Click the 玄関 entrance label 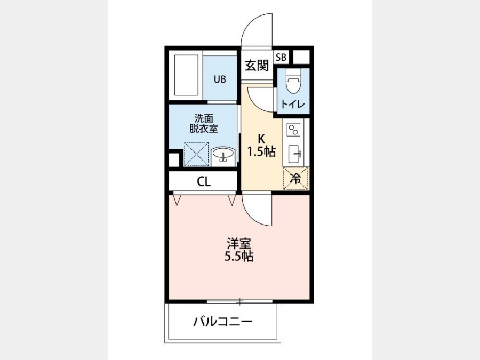coord(257,65)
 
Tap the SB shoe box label coord(281,57)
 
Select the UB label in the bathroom coord(220,79)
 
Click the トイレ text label coord(293,105)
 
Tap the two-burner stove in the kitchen coord(293,130)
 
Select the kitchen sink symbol coord(294,154)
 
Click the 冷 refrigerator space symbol coord(296,178)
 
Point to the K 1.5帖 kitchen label coord(262,146)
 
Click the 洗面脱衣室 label coord(204,123)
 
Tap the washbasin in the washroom coord(223,154)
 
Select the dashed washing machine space coord(196,154)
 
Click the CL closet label coord(204,182)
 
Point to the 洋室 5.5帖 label coord(239,250)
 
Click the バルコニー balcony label coord(222,322)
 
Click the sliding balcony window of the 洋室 coord(239,302)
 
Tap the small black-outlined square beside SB coord(301,57)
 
